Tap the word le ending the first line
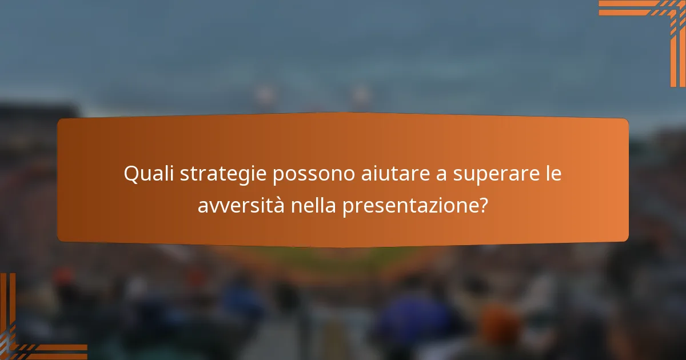(x=552, y=174)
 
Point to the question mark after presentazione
(x=483, y=206)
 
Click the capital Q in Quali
(x=131, y=174)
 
